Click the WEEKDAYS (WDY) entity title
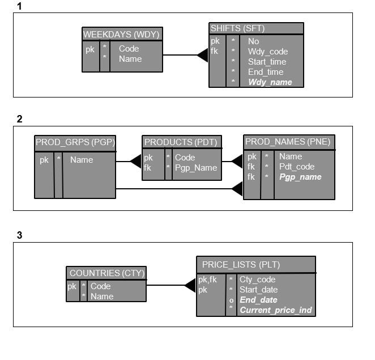(122, 34)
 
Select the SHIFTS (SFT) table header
(237, 28)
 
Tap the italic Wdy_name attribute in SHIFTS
(270, 82)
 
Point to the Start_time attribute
(267, 62)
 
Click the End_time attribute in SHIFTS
(265, 72)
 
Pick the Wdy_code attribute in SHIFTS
(267, 52)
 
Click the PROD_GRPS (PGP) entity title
(75, 142)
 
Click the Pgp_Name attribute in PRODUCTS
(195, 168)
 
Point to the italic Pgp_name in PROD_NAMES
(300, 177)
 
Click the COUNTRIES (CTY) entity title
(106, 273)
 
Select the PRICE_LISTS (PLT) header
(241, 264)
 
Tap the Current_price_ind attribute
(275, 310)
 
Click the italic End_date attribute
(258, 300)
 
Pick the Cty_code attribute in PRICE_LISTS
(257, 279)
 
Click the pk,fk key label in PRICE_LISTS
(207, 279)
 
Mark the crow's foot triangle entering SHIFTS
(203, 55)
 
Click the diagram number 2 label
(20, 119)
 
